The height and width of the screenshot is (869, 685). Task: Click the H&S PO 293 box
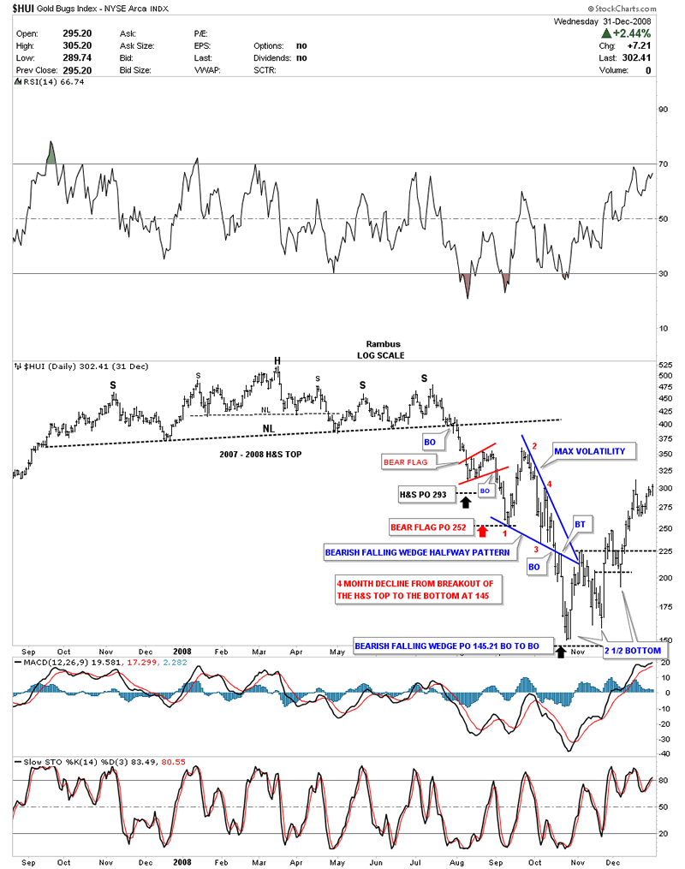pyautogui.click(x=423, y=493)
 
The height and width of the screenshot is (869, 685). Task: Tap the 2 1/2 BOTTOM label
pyautogui.click(x=633, y=651)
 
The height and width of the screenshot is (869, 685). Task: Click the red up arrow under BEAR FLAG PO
pyautogui.click(x=482, y=532)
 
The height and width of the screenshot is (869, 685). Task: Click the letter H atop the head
pyautogui.click(x=277, y=360)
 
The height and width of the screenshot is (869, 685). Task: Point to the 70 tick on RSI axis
pyautogui.click(x=662, y=164)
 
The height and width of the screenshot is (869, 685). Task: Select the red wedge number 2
pyautogui.click(x=533, y=446)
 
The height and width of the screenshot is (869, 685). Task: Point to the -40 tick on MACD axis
pyautogui.click(x=663, y=753)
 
